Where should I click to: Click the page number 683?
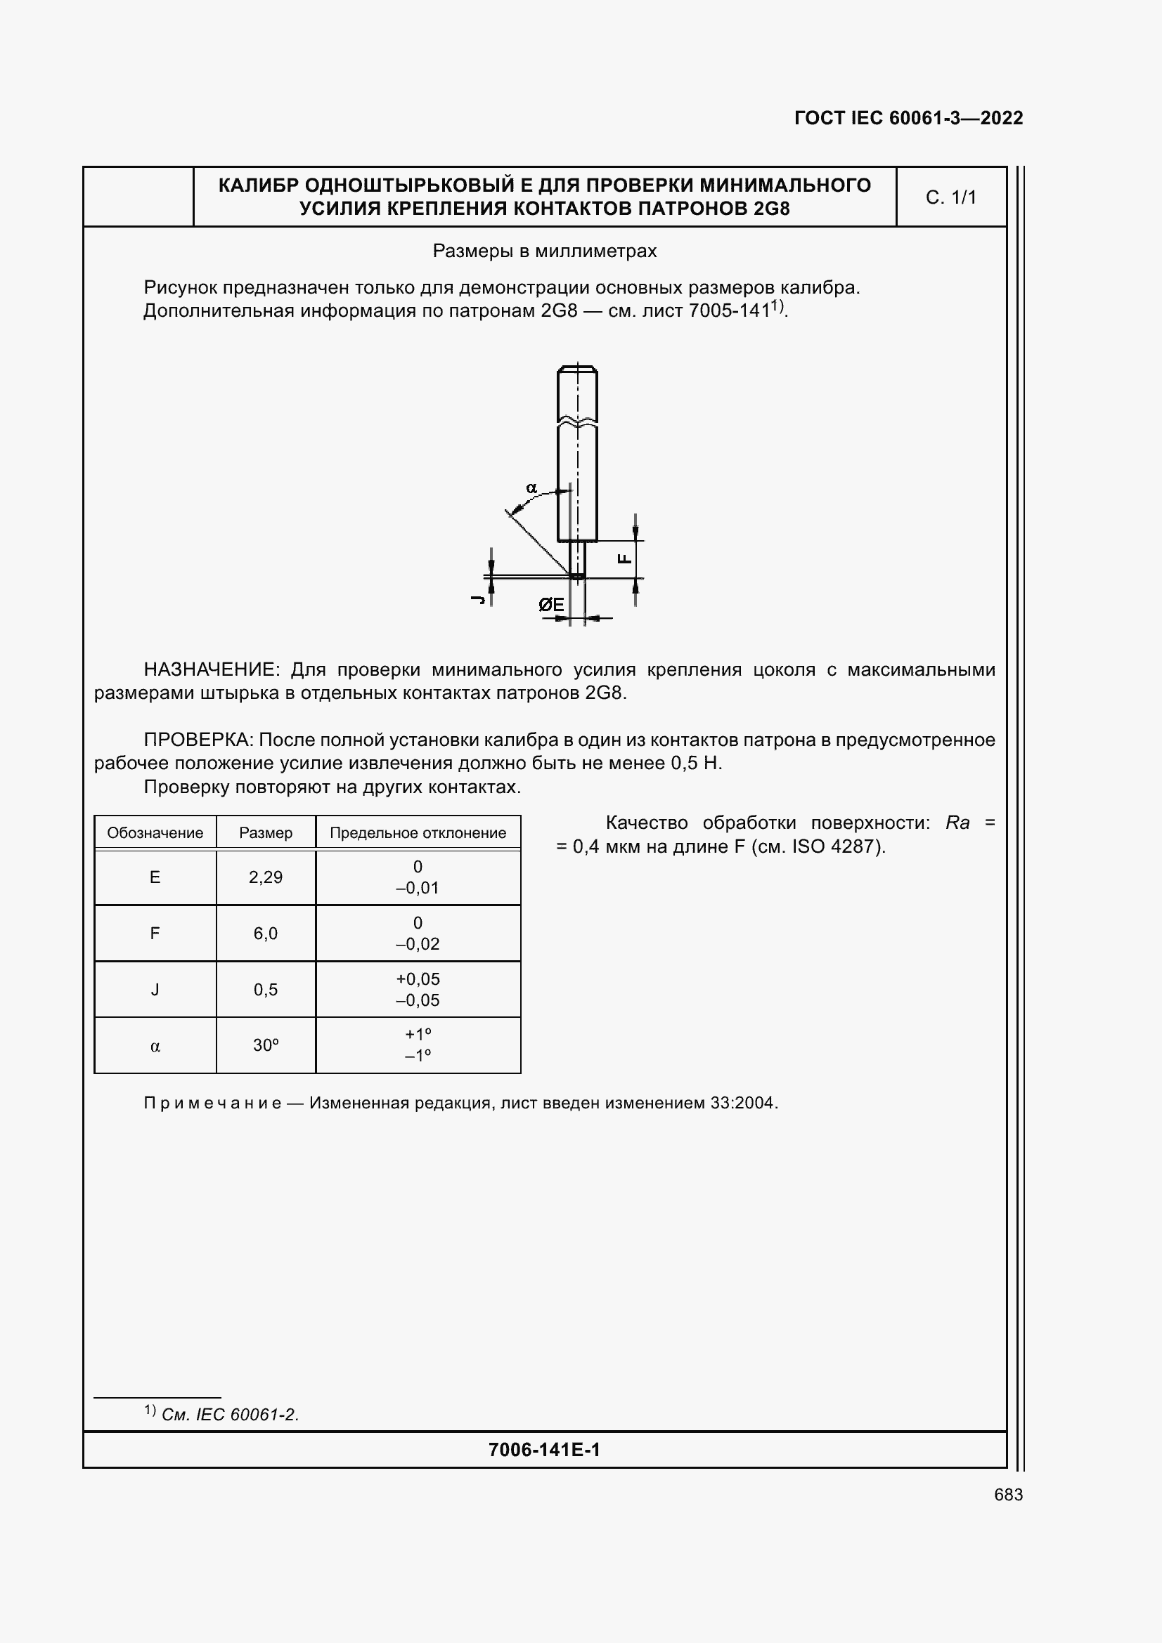[1008, 1495]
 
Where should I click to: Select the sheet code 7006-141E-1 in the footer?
[544, 1450]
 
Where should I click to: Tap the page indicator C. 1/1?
[951, 197]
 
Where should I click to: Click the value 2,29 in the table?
[266, 877]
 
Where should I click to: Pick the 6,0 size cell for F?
[266, 933]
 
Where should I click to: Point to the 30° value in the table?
[266, 1045]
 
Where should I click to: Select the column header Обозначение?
[155, 833]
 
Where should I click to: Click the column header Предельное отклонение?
[418, 833]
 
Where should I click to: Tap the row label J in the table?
[155, 990]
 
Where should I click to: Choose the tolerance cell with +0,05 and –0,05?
[418, 990]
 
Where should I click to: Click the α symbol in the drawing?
[531, 488]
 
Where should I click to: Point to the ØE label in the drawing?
[551, 606]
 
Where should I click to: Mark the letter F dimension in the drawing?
[624, 559]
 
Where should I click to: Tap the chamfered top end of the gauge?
[577, 370]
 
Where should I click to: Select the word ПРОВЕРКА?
[198, 740]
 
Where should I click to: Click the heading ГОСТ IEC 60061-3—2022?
[908, 118]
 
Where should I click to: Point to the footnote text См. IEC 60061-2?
[230, 1415]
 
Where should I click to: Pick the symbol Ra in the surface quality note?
[957, 823]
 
